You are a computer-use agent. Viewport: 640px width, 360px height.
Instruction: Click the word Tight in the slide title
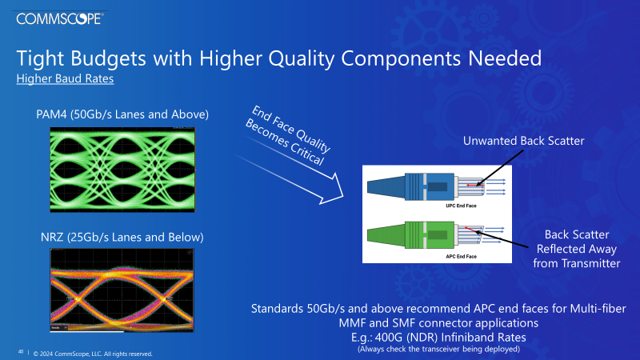click(x=42, y=59)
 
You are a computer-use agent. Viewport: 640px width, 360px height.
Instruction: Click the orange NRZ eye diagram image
click(x=122, y=292)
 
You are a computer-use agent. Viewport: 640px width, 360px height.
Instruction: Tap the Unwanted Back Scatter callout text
click(x=525, y=142)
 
